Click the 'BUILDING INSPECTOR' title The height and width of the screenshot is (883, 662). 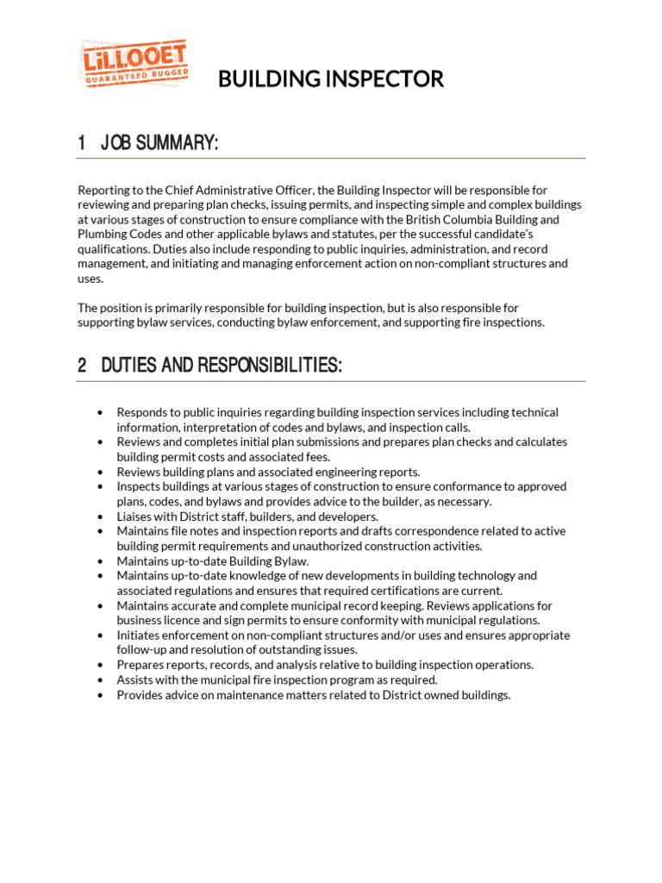click(330, 80)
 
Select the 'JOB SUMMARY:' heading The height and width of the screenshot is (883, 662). click(159, 143)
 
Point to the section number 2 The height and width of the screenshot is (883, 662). click(82, 366)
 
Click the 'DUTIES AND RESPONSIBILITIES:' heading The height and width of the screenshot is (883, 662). click(222, 366)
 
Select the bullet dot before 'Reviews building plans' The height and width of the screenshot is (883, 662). click(101, 473)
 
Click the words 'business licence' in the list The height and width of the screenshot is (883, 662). click(157, 620)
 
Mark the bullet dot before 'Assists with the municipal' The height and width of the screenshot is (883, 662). click(101, 680)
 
